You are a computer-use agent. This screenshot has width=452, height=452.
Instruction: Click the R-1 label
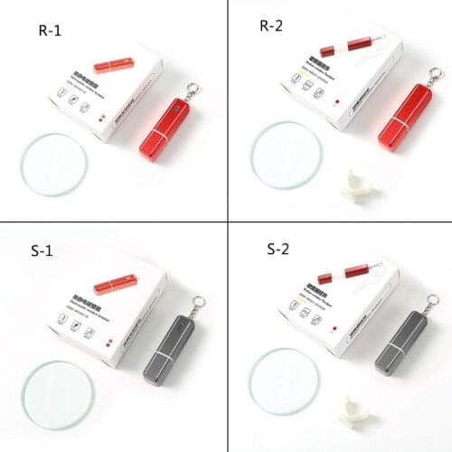[51, 30]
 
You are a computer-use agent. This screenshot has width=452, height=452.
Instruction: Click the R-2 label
[272, 25]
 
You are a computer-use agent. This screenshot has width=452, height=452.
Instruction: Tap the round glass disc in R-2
[286, 151]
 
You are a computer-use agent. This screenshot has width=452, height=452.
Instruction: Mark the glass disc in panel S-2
[283, 380]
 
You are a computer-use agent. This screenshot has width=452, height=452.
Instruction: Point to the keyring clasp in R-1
[192, 90]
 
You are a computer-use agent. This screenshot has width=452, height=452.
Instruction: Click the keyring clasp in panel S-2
[434, 300]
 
